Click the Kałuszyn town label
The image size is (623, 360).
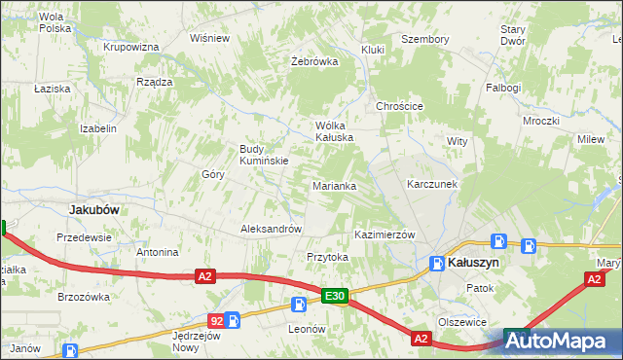click(x=476, y=263)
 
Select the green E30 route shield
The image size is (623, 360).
click(x=334, y=296)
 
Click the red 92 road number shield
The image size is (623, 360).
click(x=215, y=319)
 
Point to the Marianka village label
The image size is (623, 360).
click(x=334, y=185)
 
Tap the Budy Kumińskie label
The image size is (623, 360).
click(x=264, y=155)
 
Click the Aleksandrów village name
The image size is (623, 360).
click(x=271, y=230)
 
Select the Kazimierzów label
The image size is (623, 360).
click(x=385, y=235)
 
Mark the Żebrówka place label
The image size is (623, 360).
click(x=314, y=60)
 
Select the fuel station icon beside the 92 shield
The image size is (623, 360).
click(x=233, y=319)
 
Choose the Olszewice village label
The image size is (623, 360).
click(x=461, y=321)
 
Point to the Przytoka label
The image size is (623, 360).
click(x=327, y=257)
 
